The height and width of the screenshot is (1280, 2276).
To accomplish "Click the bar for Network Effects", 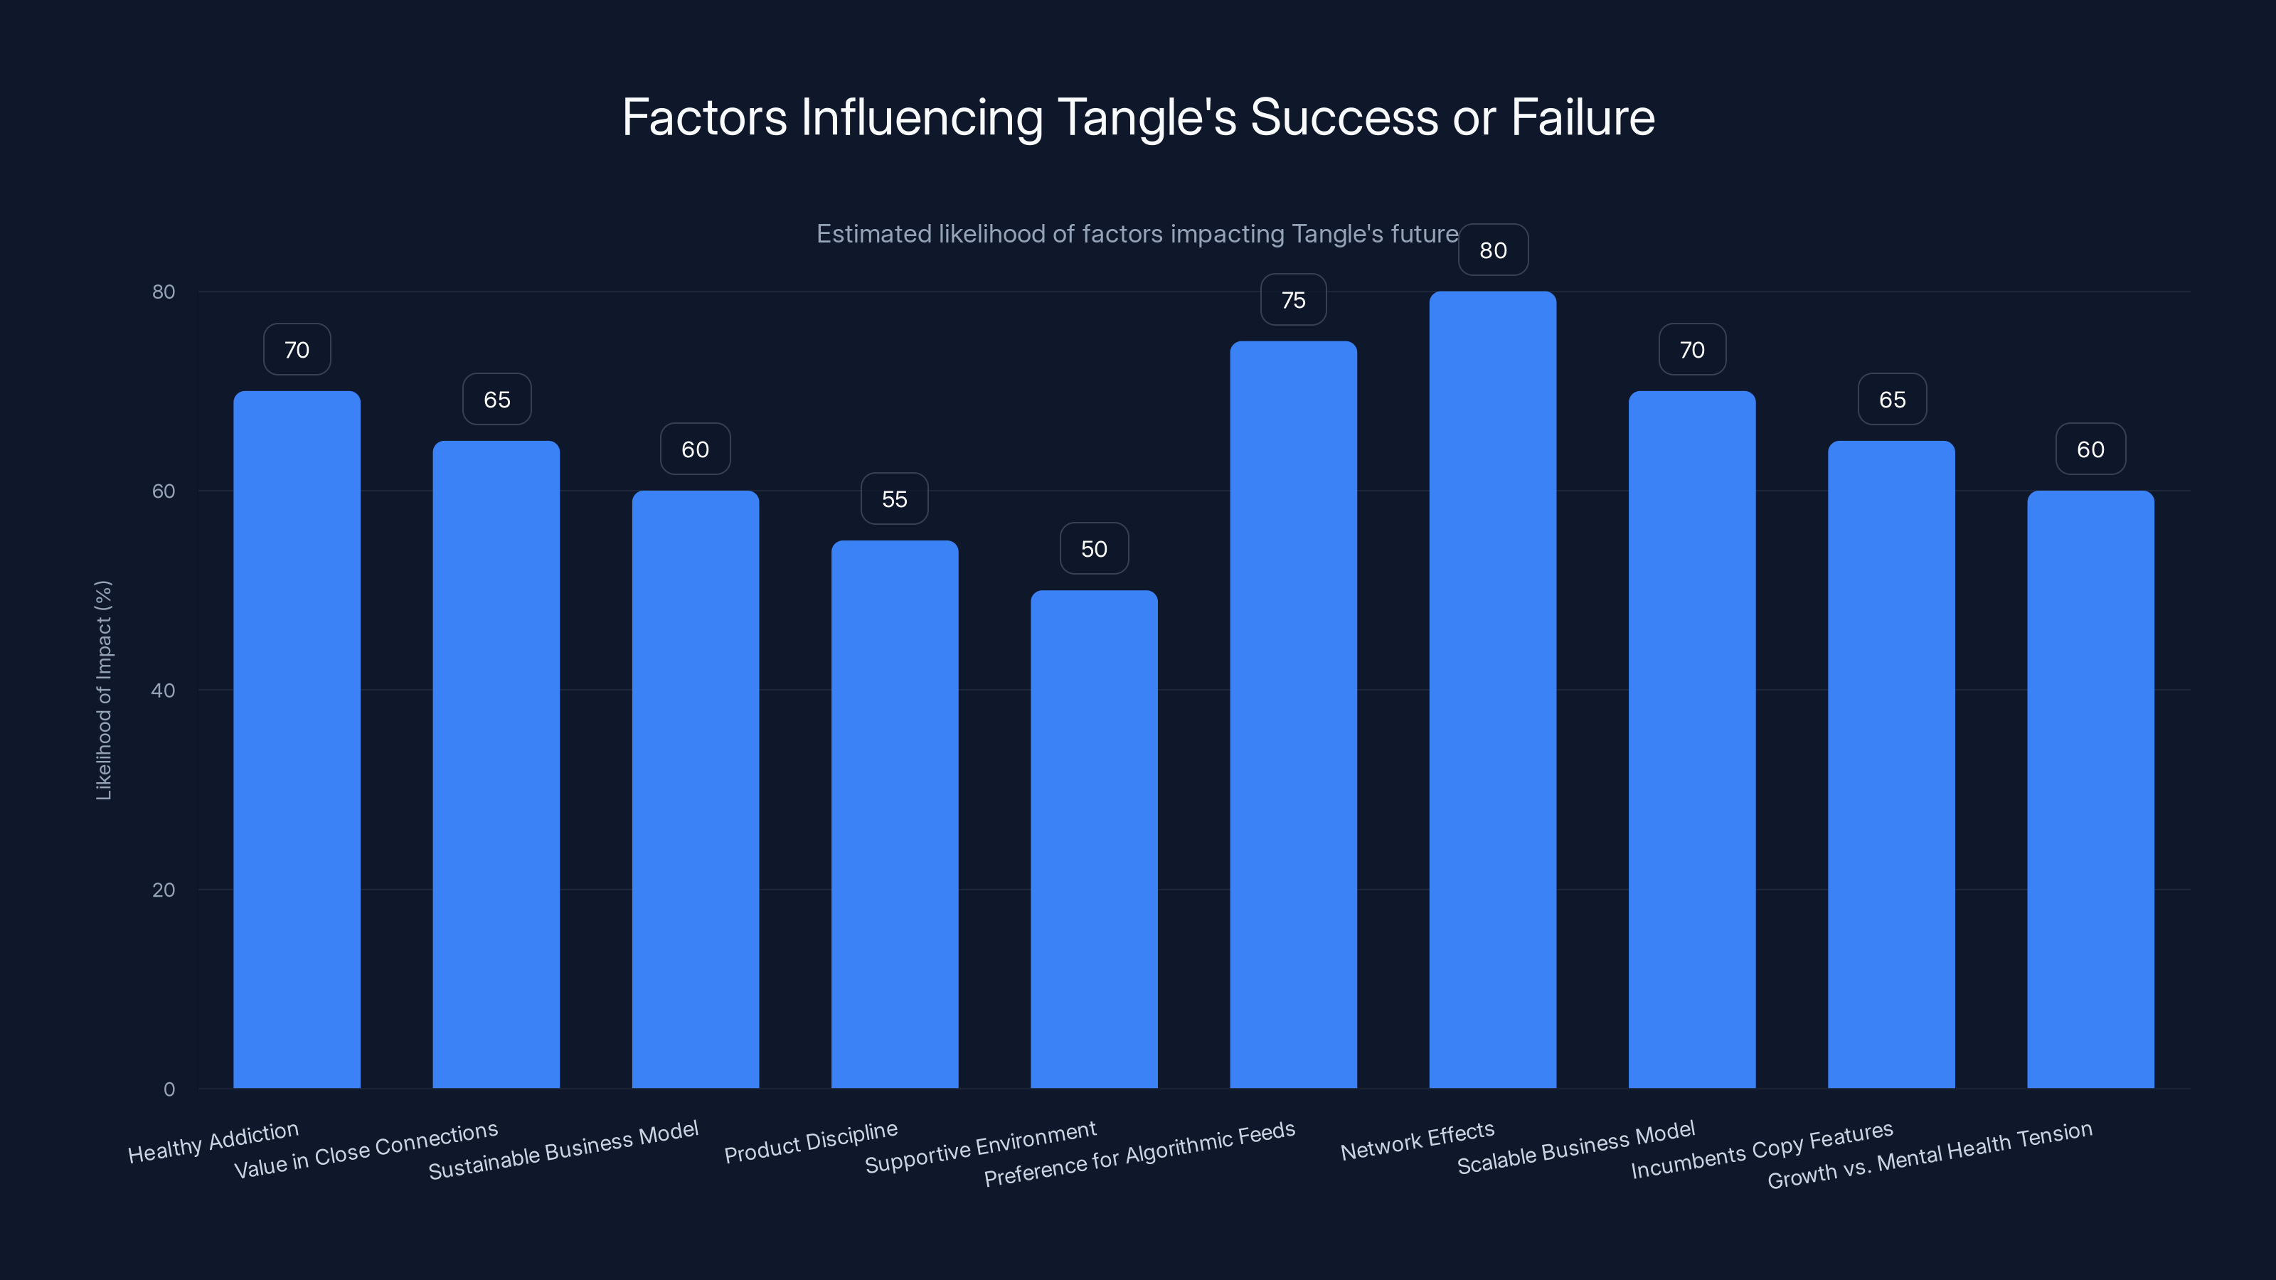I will coord(1492,689).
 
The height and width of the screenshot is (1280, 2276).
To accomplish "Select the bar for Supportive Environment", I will coord(1094,839).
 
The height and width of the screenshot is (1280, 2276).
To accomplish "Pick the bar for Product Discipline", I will coord(894,814).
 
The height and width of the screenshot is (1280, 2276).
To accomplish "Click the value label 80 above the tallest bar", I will coord(1493,250).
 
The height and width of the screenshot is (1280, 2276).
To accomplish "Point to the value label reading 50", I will coord(1094,548).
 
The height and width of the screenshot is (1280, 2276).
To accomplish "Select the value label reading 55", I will coord(894,499).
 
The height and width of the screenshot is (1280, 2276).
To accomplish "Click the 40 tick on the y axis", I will coord(164,690).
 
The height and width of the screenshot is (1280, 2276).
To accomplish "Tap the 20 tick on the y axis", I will coord(164,890).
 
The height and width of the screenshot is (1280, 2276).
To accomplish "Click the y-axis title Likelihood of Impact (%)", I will coord(103,690).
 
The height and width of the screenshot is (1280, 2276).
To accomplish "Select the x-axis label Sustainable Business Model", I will coord(564,1149).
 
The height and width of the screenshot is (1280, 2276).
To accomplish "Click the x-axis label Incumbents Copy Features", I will coord(1762,1149).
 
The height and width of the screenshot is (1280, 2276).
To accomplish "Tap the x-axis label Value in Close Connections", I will coord(366,1149).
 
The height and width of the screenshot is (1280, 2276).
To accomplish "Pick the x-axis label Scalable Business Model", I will coord(1575,1148).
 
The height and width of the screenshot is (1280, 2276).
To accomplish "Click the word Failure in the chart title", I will coord(1583,117).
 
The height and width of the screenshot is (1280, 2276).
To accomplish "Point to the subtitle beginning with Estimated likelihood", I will coord(1137,234).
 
